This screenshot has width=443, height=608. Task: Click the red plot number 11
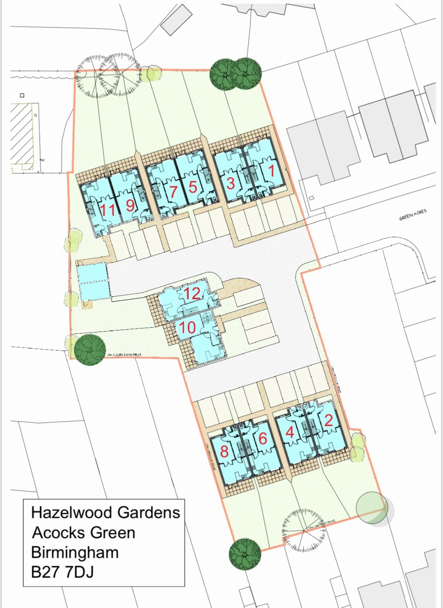[x=108, y=209]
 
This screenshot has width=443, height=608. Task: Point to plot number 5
[x=192, y=187]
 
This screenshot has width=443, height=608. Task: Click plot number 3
[x=230, y=183]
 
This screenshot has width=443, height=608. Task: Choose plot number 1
[x=271, y=172]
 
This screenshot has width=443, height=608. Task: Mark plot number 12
[x=192, y=294]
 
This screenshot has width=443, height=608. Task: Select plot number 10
[x=188, y=327]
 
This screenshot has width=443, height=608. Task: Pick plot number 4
[x=290, y=433]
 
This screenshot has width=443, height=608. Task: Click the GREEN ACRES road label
[x=413, y=216]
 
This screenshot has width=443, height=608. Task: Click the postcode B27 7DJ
[x=62, y=572]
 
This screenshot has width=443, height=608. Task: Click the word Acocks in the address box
[x=53, y=532]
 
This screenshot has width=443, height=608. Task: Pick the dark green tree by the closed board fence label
[x=90, y=350]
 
